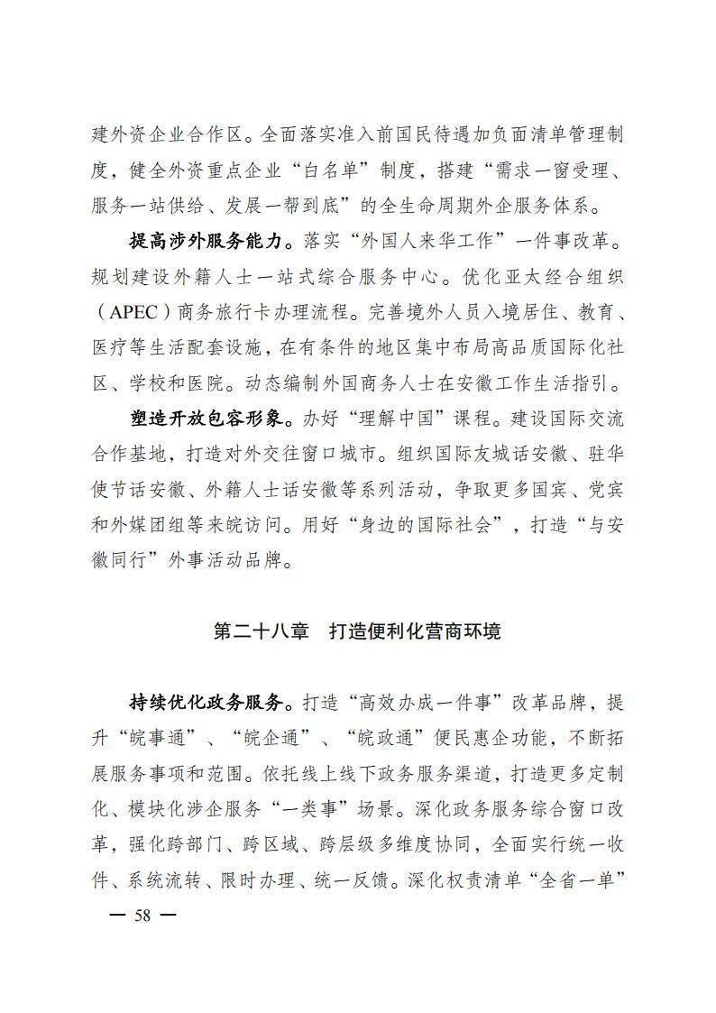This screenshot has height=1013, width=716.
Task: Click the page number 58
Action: tap(142, 916)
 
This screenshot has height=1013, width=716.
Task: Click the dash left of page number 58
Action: tap(116, 916)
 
